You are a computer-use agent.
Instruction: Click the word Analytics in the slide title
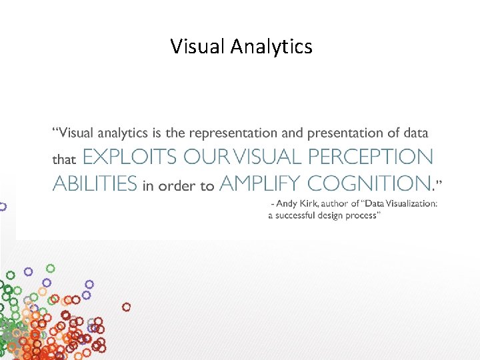pos(272,47)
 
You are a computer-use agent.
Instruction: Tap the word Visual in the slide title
pos(198,47)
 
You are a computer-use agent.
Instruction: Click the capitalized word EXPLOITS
pos(130,157)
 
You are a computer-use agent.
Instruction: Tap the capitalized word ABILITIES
pos(95,183)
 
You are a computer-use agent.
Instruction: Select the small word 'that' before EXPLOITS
pos(64,160)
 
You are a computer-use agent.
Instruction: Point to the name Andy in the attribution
pos(289,204)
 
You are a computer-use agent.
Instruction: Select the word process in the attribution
pos(364,216)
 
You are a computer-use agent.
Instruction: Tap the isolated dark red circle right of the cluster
pos(126,307)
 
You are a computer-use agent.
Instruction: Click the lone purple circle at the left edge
pos(3,207)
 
